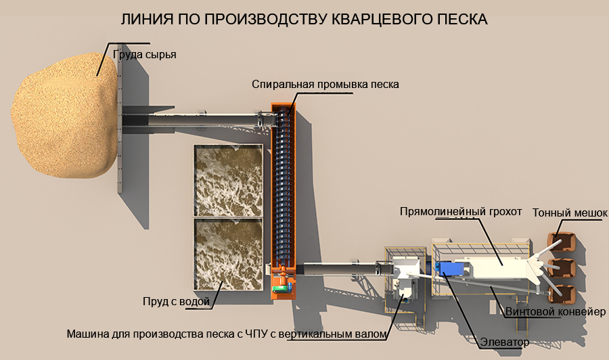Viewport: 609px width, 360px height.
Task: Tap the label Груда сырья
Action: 145,55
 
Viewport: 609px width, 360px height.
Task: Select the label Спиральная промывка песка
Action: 325,85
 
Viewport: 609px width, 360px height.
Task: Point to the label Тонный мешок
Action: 570,212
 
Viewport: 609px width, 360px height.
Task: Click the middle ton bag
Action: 561,268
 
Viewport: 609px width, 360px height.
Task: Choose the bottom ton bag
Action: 561,293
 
